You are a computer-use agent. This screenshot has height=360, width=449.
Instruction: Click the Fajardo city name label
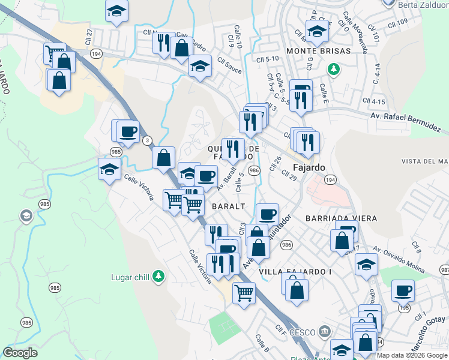309,167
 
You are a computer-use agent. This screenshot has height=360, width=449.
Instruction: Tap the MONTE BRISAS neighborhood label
319,51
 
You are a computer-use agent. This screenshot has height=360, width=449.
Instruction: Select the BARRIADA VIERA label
342,218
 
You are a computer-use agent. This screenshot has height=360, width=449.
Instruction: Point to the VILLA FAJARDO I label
295,272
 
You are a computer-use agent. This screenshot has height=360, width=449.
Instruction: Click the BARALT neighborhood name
229,206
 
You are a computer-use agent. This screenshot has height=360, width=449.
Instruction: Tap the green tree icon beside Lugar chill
158,276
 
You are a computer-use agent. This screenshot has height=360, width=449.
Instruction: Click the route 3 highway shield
146,140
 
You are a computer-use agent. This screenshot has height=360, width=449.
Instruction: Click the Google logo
20,353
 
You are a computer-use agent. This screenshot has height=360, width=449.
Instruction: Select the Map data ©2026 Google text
412,355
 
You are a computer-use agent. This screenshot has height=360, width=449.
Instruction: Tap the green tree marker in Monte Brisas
333,70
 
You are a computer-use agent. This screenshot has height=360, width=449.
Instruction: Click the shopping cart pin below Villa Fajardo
244,293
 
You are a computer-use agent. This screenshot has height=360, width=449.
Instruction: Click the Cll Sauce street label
230,66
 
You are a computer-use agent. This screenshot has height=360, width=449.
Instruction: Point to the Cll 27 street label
89,37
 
